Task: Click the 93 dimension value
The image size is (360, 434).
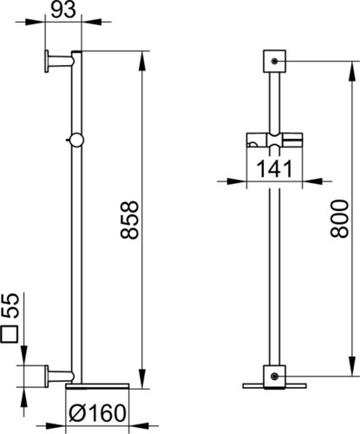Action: [63, 10]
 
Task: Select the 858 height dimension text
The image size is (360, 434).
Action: [129, 220]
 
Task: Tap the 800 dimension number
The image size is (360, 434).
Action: [339, 219]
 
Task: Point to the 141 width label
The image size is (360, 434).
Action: [274, 168]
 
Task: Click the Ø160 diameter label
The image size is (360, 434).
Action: [98, 413]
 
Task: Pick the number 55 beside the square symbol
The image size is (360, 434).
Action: [10, 306]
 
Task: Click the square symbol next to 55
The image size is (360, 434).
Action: [10, 334]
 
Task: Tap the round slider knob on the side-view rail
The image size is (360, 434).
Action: [76, 140]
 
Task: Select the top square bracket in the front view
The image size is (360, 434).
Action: [274, 61]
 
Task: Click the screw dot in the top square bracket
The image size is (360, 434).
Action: [274, 61]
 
